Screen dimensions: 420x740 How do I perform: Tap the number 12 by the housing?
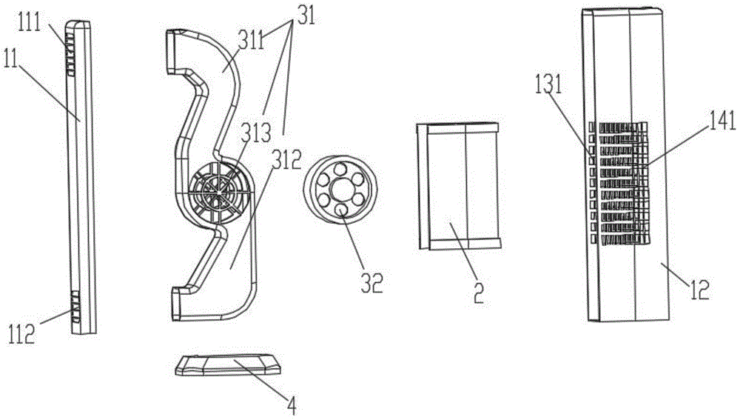[x=698, y=289]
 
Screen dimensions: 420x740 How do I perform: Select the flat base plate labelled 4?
[x=230, y=365]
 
